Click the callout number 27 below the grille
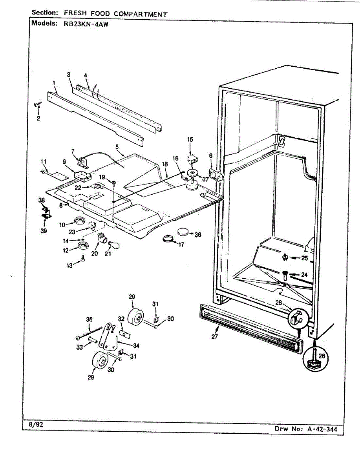coord(214,337)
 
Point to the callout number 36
coord(198,235)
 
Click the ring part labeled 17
coord(168,238)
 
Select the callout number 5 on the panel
coord(117,147)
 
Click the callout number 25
coord(305,258)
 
